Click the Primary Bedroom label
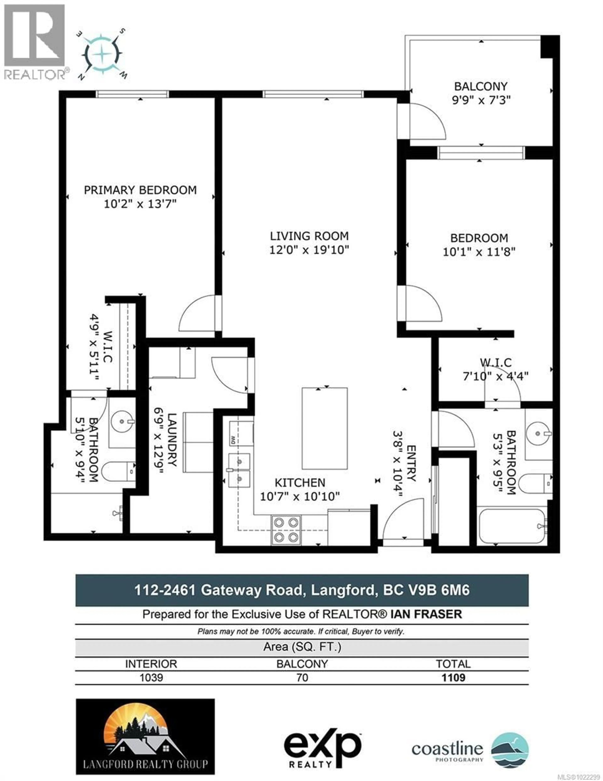(x=140, y=190)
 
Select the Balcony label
(x=480, y=87)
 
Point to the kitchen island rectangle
(x=325, y=428)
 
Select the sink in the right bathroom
(x=538, y=433)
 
